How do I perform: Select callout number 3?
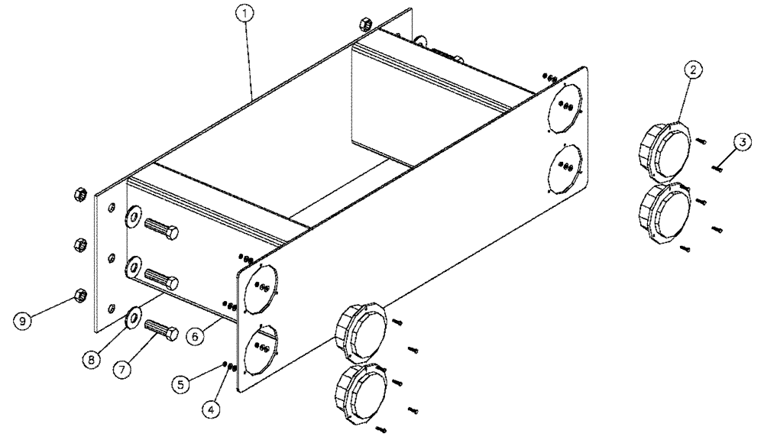click(740, 141)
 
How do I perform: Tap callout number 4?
click(213, 409)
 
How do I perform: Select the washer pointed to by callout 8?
click(132, 314)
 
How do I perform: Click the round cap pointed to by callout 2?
click(663, 149)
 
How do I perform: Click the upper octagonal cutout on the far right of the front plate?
click(566, 107)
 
